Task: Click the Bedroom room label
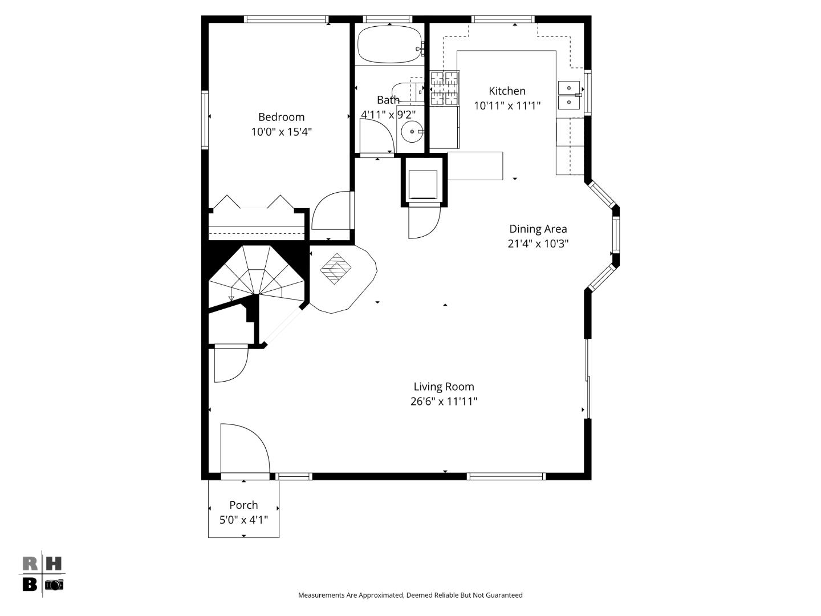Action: coord(281,117)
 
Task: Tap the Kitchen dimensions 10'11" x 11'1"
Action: coord(507,106)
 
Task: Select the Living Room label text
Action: coord(444,387)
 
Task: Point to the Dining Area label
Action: coord(538,229)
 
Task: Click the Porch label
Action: coord(243,505)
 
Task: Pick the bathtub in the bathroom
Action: coord(389,44)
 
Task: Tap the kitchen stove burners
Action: coord(445,88)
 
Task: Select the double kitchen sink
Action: coord(569,95)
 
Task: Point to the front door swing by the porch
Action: coord(244,448)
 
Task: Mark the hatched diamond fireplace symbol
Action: coord(336,268)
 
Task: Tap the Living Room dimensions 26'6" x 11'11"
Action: coord(444,402)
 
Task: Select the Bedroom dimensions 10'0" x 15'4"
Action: coord(281,132)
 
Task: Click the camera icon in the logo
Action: coord(54,585)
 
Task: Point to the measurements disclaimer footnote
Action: coord(410,595)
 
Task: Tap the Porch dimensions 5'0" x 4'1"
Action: coord(243,520)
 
